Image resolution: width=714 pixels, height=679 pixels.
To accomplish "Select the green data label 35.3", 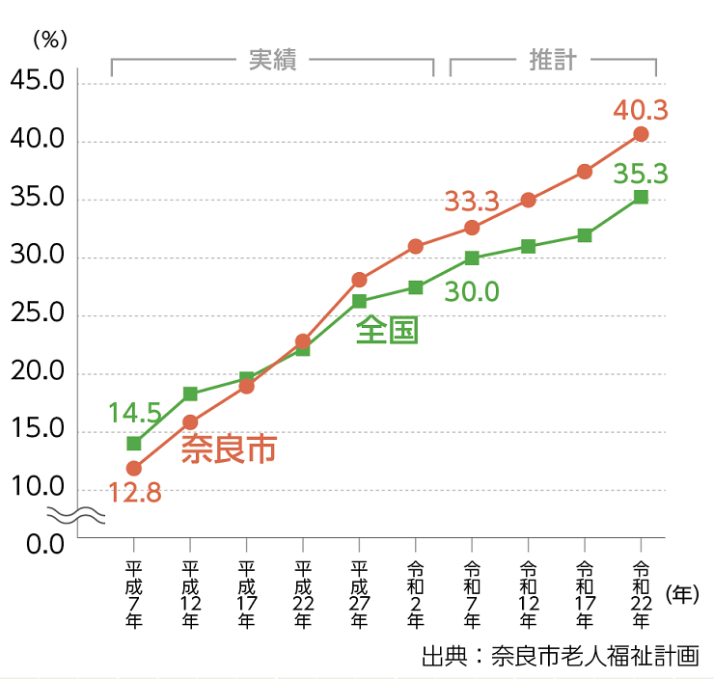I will pyautogui.click(x=641, y=174).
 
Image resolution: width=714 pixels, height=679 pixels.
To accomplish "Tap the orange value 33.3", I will pyautogui.click(x=471, y=202).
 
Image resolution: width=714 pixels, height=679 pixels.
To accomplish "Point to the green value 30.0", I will pyautogui.click(x=472, y=290).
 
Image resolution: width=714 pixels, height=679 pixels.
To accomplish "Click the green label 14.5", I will pyautogui.click(x=134, y=414).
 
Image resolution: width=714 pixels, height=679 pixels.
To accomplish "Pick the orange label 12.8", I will pyautogui.click(x=134, y=494).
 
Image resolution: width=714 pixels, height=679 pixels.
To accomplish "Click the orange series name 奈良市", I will pyautogui.click(x=229, y=449).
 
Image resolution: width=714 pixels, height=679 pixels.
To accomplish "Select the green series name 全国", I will pyautogui.click(x=387, y=330).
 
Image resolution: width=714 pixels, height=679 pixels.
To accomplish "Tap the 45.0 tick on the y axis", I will pyautogui.click(x=37, y=83).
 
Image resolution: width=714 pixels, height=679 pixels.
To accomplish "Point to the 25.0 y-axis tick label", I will pyautogui.click(x=37, y=314).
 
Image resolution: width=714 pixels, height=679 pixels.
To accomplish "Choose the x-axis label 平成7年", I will pyautogui.click(x=134, y=593).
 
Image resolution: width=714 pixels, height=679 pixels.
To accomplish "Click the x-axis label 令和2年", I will pyautogui.click(x=416, y=593).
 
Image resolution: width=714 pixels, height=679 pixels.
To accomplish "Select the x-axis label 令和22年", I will pyautogui.click(x=641, y=593).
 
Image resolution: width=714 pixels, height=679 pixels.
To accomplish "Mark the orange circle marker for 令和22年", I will pyautogui.click(x=641, y=134).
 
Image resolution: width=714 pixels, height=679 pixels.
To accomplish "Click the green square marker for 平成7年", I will pyautogui.click(x=134, y=444).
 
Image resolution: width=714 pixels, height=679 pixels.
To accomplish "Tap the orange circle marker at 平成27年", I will pyautogui.click(x=359, y=280).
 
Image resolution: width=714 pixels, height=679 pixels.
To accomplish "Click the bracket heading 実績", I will pyautogui.click(x=272, y=60).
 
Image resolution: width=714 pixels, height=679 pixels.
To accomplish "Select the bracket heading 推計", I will pyautogui.click(x=553, y=60).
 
